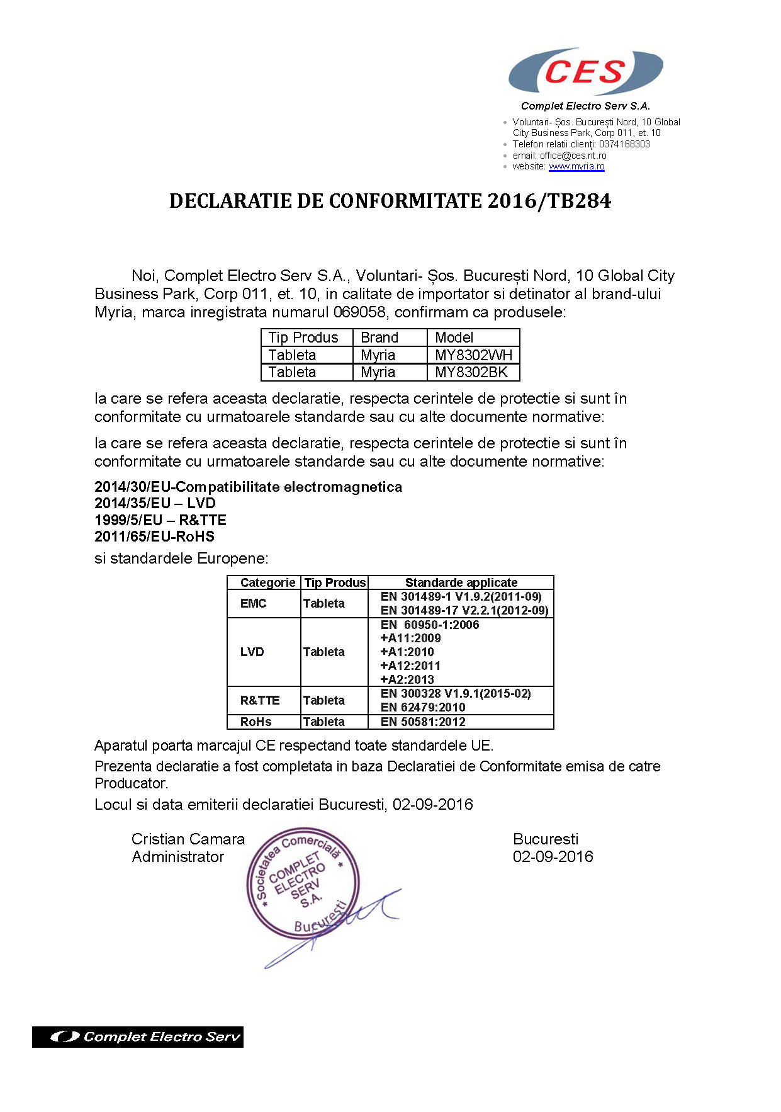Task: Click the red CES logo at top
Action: (x=585, y=72)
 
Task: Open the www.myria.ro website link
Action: (x=576, y=167)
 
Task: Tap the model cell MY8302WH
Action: (x=473, y=355)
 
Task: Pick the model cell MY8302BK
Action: (x=471, y=372)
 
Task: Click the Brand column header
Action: (x=379, y=338)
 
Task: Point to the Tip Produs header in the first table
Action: (x=303, y=338)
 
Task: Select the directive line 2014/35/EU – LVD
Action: (x=155, y=503)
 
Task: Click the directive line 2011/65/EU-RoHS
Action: (x=154, y=536)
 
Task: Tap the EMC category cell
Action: (x=253, y=603)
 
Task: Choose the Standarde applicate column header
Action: (x=461, y=582)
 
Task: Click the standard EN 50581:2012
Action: (x=423, y=722)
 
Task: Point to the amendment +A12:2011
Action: (x=410, y=666)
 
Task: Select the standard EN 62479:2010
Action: (x=423, y=707)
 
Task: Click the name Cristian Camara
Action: (x=188, y=839)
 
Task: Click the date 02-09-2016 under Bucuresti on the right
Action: (x=553, y=856)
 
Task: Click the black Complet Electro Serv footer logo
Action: (x=138, y=1036)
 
